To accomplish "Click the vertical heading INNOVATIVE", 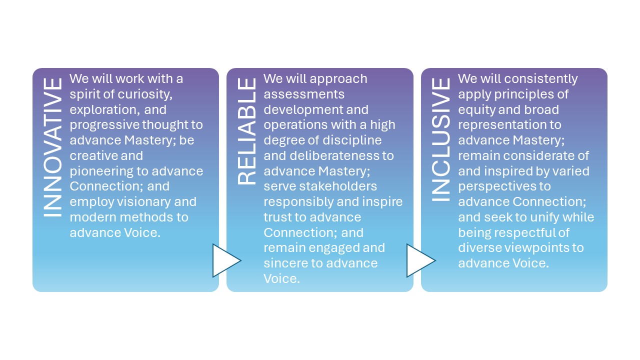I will click(53, 147).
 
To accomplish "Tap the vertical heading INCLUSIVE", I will click(440, 139).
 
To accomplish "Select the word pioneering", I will click(102, 171).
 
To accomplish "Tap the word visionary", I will click(140, 201).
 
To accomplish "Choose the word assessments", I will click(303, 94).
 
